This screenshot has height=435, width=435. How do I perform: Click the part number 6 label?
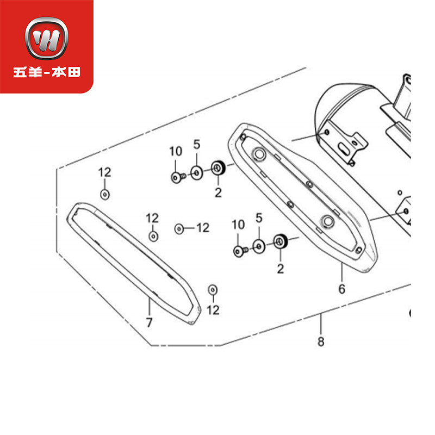point(342,289)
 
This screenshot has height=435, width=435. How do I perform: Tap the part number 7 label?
point(149,322)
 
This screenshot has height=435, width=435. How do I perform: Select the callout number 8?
point(321,342)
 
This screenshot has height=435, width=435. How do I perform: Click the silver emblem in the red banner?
point(46,41)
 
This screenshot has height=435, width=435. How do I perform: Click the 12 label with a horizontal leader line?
point(202,228)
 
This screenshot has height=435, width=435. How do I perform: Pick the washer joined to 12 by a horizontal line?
point(179,228)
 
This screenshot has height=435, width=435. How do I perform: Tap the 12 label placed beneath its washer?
point(213,310)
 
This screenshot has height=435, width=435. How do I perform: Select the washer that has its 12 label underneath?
point(213,289)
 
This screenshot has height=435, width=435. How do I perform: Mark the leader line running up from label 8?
point(321,325)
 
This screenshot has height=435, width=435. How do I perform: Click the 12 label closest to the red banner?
point(104,172)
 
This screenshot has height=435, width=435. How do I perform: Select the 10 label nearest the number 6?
point(238,224)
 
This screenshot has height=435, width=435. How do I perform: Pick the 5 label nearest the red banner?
point(197,144)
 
